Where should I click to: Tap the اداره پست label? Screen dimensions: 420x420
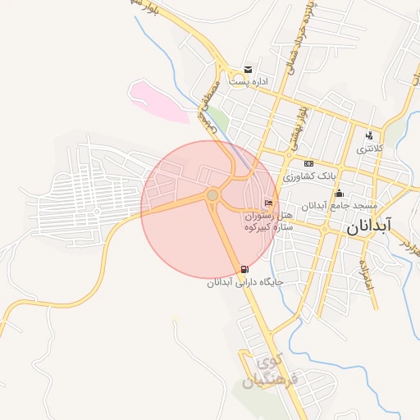pyautogui.click(x=249, y=82)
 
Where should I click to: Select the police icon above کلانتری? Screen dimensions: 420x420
pyautogui.click(x=369, y=136)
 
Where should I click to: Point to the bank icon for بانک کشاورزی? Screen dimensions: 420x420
pyautogui.click(x=309, y=163)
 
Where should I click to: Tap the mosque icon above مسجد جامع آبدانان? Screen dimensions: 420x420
pyautogui.click(x=339, y=194)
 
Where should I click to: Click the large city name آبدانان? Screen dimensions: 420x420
pyautogui.click(x=370, y=227)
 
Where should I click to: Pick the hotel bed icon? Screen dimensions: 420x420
pyautogui.click(x=268, y=203)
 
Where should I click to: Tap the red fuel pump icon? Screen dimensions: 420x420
pyautogui.click(x=244, y=269)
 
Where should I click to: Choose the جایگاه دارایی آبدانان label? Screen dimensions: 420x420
pyautogui.click(x=244, y=281)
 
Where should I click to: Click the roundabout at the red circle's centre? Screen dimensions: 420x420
pyautogui.click(x=212, y=195)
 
